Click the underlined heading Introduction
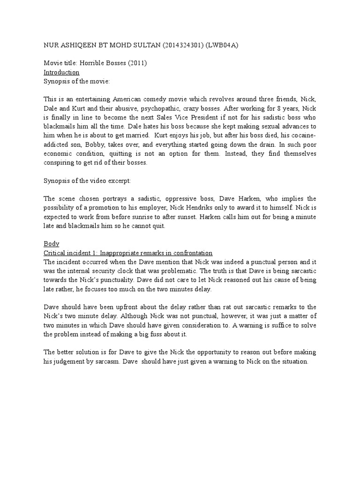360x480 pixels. point(61,73)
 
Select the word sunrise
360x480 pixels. point(136,217)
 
